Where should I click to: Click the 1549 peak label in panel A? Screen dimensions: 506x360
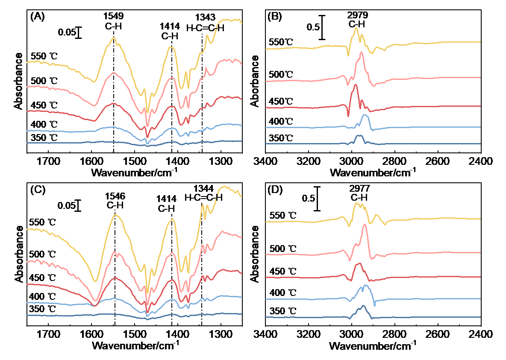pos(113,15)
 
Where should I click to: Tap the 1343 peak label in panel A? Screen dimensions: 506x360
pos(205,17)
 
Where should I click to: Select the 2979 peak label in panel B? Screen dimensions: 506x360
pos(358,15)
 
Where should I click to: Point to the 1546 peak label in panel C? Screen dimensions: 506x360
pos(115,196)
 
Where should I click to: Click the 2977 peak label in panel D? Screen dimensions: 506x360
pos(359,188)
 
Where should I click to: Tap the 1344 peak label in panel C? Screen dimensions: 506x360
pos(203,188)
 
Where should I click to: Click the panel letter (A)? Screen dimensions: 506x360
pos(38,17)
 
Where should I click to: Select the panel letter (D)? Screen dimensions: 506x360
pos(275,190)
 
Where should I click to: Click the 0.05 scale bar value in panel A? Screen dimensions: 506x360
pos(67,32)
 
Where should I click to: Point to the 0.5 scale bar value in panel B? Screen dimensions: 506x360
pos(313,27)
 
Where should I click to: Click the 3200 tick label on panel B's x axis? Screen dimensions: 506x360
pos(309,161)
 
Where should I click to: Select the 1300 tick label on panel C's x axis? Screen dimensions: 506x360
pos(221,334)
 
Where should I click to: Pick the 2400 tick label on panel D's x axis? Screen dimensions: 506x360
pos(481,334)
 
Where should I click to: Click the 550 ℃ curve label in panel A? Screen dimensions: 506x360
pos(44,56)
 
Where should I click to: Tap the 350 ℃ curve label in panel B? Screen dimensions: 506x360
pos(281,138)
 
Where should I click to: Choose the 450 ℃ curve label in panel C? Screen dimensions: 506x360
pos(42,278)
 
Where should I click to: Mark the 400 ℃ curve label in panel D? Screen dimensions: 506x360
pos(282,293)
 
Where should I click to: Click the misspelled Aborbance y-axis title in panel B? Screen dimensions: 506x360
pos(255,81)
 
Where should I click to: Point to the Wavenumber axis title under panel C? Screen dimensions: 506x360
pos(135,345)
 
